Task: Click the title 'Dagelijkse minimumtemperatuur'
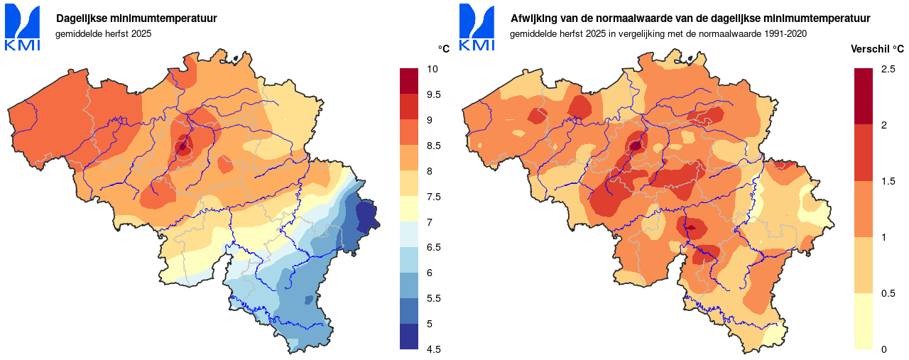click(136, 18)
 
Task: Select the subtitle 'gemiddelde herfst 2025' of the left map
click(104, 33)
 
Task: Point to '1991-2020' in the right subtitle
click(787, 33)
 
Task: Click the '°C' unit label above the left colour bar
click(444, 49)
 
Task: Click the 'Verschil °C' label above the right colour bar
click(877, 49)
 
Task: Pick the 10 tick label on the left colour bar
click(432, 69)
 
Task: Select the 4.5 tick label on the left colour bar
click(434, 349)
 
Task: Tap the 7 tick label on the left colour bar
click(430, 222)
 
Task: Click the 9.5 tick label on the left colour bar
click(434, 94)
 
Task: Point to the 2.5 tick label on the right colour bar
click(888, 69)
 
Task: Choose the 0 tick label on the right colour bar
click(883, 349)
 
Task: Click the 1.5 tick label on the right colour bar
click(888, 181)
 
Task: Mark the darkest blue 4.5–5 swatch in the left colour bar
click(410, 337)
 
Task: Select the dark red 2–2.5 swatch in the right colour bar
click(864, 97)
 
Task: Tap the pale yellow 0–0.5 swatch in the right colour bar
click(864, 321)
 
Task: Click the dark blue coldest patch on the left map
click(365, 215)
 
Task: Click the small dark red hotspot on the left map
click(183, 147)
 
